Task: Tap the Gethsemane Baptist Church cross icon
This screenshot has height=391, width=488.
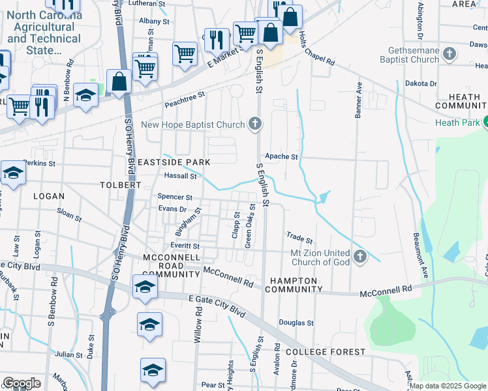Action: click(449, 54)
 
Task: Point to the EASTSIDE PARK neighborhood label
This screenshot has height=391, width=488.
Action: click(173, 162)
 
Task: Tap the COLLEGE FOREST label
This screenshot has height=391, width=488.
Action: click(326, 352)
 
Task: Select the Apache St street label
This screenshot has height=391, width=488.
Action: click(281, 157)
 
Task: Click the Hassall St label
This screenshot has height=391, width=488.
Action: click(180, 176)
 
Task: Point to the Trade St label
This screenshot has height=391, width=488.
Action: click(300, 238)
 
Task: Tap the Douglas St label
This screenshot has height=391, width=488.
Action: click(296, 323)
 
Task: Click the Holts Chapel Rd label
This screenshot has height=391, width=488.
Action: click(317, 52)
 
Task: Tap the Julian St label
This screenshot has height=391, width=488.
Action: click(69, 355)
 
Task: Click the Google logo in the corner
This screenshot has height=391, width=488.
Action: click(22, 383)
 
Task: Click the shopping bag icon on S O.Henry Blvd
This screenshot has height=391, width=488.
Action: click(119, 82)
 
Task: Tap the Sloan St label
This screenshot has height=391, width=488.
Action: click(69, 214)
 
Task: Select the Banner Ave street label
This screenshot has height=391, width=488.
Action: click(358, 99)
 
